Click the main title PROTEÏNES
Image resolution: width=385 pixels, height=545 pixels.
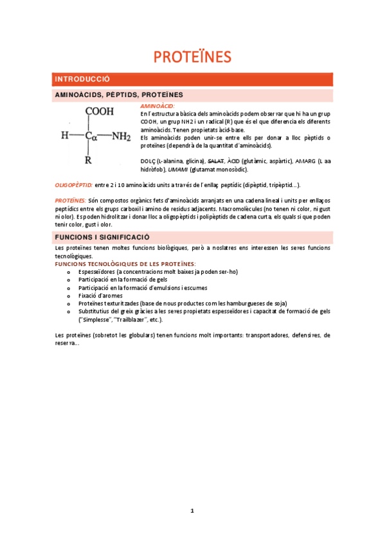point(192,57)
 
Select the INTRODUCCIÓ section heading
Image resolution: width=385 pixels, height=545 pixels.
point(83,79)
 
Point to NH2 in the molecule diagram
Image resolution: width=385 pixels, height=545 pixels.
point(121,136)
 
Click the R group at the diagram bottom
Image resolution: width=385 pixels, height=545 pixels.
point(88,160)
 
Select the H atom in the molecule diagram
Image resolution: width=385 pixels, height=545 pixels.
point(64,136)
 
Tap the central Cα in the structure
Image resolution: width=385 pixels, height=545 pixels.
point(90,136)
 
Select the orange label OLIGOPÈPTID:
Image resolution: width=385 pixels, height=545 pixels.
point(73,184)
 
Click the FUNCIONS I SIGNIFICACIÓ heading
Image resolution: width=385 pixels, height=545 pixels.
point(102,237)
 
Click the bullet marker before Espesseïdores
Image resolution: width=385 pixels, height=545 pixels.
point(69,272)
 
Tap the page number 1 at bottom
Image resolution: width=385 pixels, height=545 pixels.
point(192,511)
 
